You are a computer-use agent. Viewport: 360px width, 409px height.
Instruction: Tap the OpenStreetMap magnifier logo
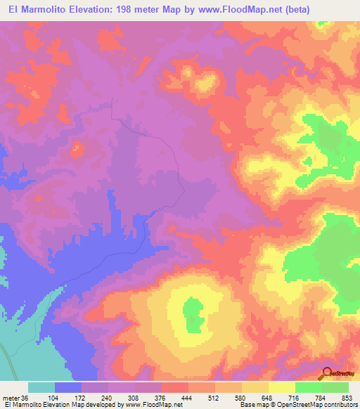pyautogui.click(x=328, y=375)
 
